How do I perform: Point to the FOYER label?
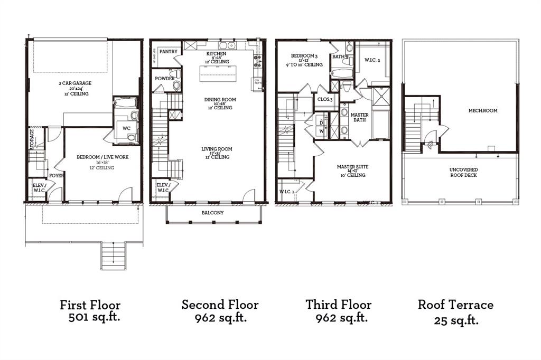click(56, 175)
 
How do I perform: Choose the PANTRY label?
click(168, 52)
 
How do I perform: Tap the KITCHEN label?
click(217, 54)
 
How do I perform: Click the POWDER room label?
click(164, 79)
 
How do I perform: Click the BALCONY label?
click(212, 213)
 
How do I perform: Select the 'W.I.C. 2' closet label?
click(372, 60)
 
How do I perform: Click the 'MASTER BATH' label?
click(360, 118)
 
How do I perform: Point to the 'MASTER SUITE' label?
click(352, 167)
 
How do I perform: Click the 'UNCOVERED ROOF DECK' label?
click(463, 172)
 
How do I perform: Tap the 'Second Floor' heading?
click(220, 305)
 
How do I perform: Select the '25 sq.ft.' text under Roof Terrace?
click(456, 320)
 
